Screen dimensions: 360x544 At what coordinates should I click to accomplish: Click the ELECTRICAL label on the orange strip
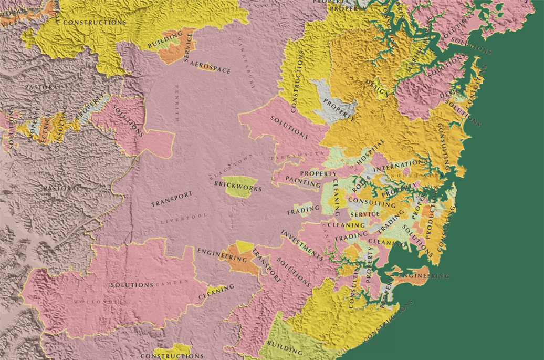click(x=47, y=132)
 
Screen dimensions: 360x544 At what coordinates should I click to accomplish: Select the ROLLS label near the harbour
click(x=362, y=185)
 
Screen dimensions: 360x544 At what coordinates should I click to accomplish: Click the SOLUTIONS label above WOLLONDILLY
click(x=131, y=285)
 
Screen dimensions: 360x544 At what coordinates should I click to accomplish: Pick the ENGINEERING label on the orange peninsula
click(x=424, y=276)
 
